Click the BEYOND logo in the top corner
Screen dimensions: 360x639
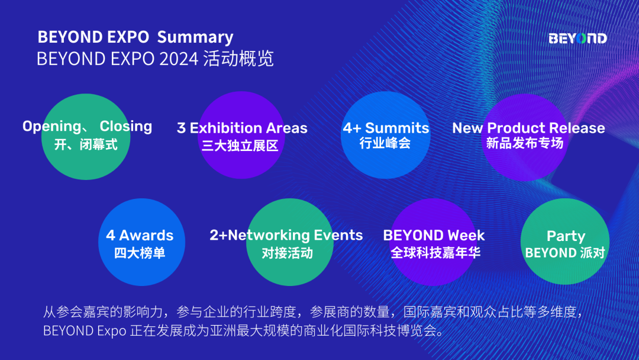coord(577,38)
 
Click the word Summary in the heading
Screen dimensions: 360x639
coord(195,37)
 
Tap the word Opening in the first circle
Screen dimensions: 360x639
coord(52,127)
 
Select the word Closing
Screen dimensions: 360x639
coord(125,126)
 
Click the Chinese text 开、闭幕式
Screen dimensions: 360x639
coord(86,144)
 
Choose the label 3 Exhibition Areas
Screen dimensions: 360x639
coord(242,128)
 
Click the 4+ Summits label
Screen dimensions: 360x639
coord(386,128)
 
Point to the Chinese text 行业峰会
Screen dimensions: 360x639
coord(385,143)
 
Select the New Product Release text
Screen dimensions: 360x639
coord(528,128)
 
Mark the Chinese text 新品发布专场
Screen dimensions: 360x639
coord(524,143)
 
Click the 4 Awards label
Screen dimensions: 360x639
coord(140,236)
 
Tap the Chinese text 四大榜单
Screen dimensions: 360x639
coord(140,253)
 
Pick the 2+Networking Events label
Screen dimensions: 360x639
coord(286,235)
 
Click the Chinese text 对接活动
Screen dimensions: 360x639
coord(288,253)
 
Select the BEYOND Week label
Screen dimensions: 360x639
coord(434,235)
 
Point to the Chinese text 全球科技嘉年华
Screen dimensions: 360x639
coord(435,253)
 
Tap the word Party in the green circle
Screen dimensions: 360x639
coord(566,236)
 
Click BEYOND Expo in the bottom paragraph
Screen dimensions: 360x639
coord(84,330)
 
